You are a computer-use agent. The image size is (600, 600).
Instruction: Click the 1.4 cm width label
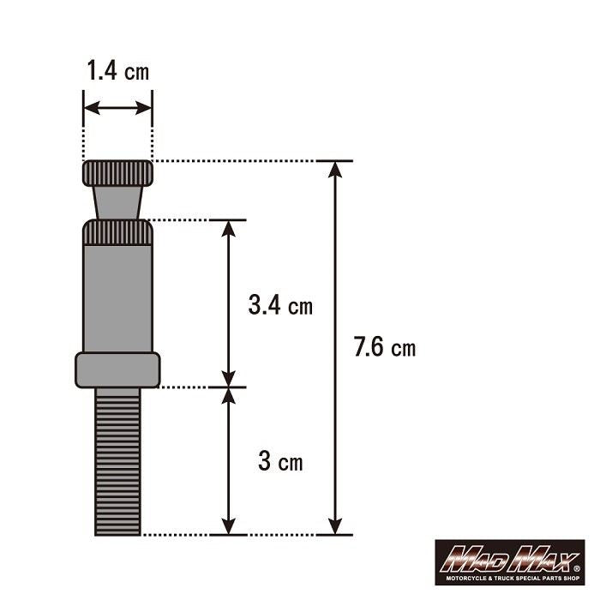click(x=117, y=71)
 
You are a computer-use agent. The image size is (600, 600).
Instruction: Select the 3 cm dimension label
click(x=280, y=462)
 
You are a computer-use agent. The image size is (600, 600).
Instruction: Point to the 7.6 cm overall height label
click(x=384, y=347)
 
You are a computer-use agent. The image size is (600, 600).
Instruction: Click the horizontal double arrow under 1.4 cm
click(x=117, y=108)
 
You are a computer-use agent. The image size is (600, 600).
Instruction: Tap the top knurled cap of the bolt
click(x=117, y=174)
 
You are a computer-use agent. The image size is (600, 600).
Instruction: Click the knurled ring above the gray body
click(x=117, y=232)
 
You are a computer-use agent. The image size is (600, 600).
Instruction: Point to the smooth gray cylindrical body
click(x=117, y=296)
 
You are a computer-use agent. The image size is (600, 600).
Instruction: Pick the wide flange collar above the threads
click(x=117, y=369)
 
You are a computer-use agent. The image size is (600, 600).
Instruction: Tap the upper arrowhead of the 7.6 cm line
click(x=335, y=169)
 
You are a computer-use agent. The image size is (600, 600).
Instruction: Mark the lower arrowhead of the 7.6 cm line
click(x=335, y=525)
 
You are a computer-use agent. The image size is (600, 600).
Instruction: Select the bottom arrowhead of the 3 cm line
click(x=228, y=525)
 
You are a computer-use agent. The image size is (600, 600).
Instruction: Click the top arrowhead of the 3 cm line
click(x=228, y=396)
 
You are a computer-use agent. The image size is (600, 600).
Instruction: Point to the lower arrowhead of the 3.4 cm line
click(x=228, y=378)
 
